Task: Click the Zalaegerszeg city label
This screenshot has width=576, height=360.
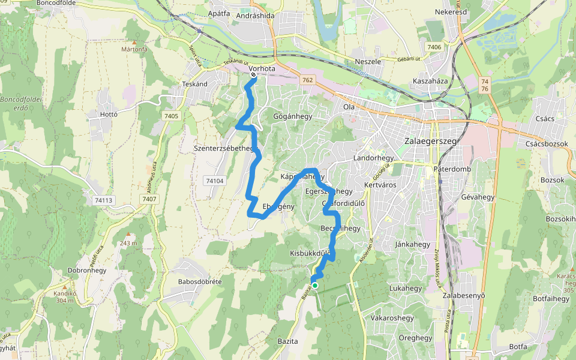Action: pos(427,141)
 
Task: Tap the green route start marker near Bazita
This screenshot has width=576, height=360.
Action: pos(314,285)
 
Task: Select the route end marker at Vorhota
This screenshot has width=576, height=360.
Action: pos(253,76)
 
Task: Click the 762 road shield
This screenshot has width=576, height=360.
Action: pos(308,80)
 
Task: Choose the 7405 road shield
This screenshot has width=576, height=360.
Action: pos(171,116)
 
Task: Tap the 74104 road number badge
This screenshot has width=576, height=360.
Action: pos(214,180)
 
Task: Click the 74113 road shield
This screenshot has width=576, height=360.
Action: pos(103,200)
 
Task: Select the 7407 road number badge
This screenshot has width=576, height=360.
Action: pos(149,199)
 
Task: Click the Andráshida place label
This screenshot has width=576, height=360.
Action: pos(255,16)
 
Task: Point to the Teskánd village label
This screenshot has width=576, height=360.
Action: pos(194,84)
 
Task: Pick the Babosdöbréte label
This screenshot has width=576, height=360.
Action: pos(200,281)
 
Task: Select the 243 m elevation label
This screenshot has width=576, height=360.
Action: pos(128,243)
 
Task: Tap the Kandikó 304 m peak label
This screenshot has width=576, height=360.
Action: pos(65,297)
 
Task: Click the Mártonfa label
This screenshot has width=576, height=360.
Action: pos(134,49)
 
